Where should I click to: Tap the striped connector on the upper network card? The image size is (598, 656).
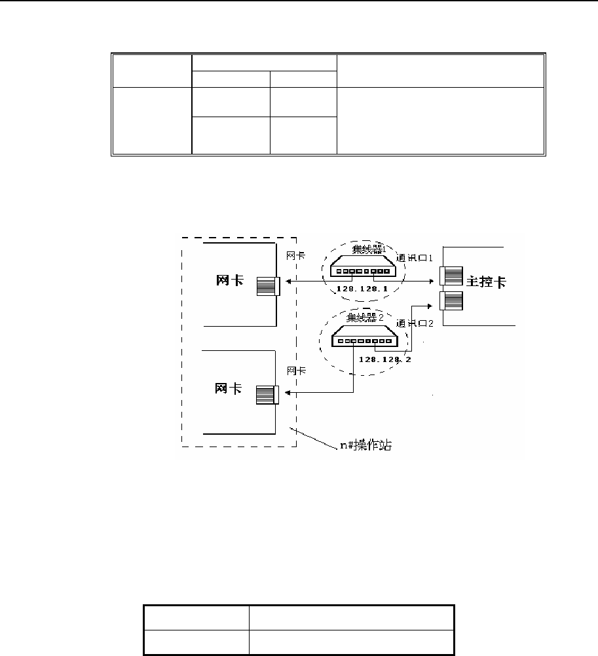[x=267, y=286]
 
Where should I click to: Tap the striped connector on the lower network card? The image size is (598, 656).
[x=266, y=395]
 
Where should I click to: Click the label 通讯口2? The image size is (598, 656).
[x=415, y=323]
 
